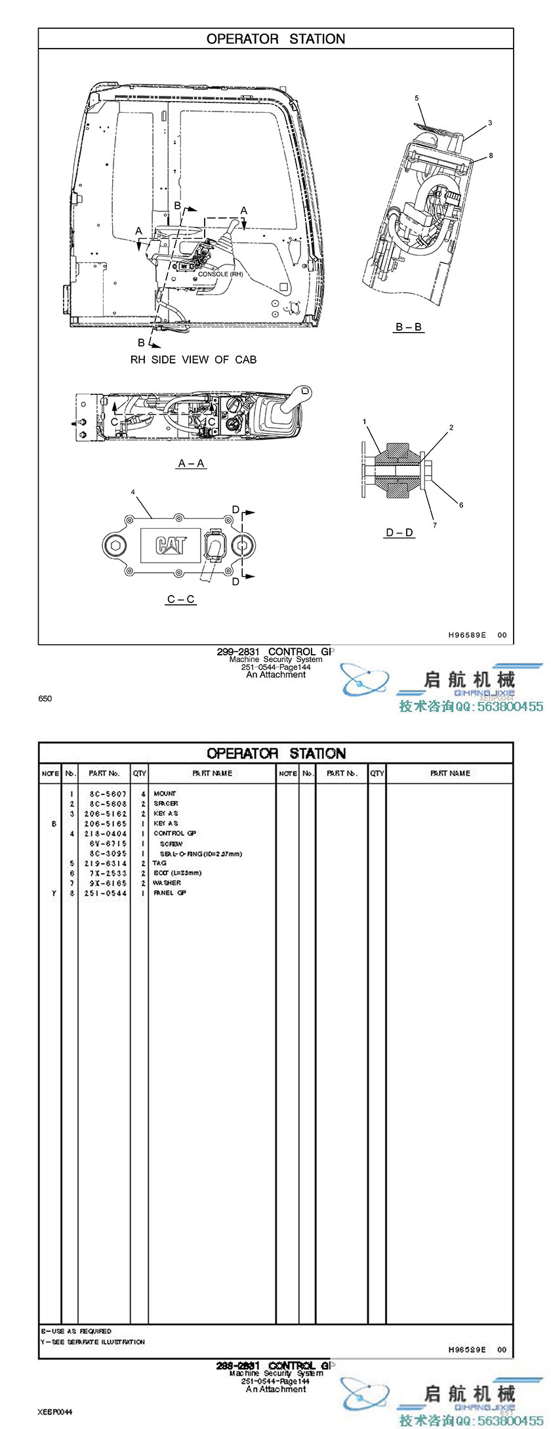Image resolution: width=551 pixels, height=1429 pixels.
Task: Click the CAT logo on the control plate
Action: tap(171, 545)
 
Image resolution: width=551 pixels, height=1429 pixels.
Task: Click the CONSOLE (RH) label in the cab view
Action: tap(220, 274)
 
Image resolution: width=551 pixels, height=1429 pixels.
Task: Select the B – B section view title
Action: tap(408, 327)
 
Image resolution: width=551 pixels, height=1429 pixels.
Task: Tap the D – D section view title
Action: tap(399, 532)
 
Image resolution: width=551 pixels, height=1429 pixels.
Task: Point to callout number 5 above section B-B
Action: tap(417, 98)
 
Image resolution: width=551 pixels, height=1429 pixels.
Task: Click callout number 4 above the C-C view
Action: tap(133, 491)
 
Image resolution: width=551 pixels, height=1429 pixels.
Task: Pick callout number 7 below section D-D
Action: tap(434, 525)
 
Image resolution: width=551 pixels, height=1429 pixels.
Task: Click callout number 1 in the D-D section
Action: tap(365, 421)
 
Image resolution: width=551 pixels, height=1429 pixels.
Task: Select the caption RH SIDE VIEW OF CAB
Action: tap(194, 360)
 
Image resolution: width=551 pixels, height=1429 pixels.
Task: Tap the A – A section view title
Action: tap(192, 463)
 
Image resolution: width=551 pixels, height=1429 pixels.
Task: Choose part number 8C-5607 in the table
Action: tap(108, 794)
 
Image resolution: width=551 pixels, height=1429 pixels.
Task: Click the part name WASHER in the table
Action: tap(167, 883)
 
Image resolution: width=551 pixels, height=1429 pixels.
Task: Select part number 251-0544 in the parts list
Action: tap(106, 893)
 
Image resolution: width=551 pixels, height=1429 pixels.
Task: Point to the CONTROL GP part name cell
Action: tap(170, 833)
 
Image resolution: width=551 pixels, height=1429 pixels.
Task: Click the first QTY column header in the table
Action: tap(139, 774)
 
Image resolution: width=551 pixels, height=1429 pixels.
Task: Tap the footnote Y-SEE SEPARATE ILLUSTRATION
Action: tap(93, 1342)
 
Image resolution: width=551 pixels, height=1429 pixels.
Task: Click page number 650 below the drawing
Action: tap(45, 699)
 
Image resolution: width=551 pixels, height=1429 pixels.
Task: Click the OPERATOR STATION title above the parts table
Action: tap(275, 753)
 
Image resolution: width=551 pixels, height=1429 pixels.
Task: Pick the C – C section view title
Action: tap(181, 599)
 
